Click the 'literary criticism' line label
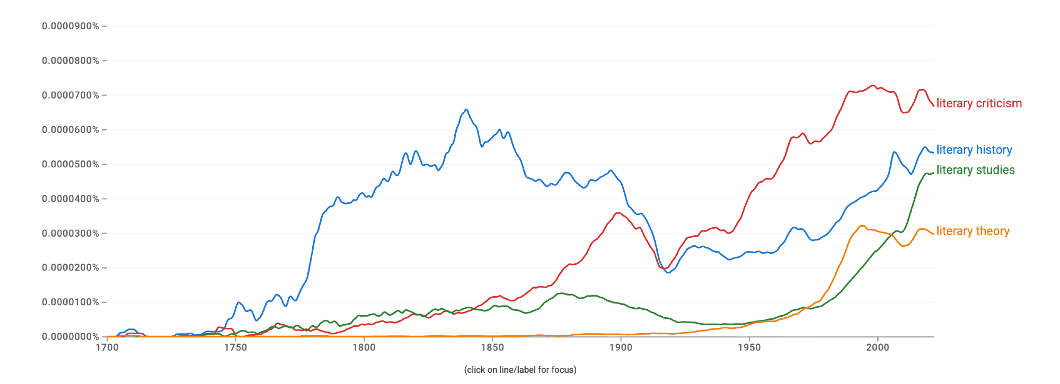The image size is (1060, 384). tap(978, 103)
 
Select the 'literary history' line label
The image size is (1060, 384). tap(974, 150)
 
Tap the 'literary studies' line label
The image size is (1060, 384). tap(975, 170)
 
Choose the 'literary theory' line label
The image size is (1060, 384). tap(973, 231)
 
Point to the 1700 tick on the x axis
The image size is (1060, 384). tap(107, 347)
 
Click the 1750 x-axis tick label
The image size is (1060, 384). tap(235, 347)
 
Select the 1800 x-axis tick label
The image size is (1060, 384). tap(364, 347)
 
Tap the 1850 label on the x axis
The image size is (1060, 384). tap(492, 347)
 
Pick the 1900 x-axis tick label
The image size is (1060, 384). tap(621, 347)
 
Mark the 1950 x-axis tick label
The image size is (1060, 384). tap(749, 347)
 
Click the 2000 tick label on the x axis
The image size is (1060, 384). tap(878, 347)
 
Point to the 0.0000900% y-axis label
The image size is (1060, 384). tap(70, 26)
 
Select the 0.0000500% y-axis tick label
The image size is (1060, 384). tap(70, 164)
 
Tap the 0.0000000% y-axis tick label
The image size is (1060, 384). tap(70, 336)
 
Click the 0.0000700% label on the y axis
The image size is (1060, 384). tap(70, 95)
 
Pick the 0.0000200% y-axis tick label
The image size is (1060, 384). tap(70, 267)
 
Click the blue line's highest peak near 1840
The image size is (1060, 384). tap(466, 110)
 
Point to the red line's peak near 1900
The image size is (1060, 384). tap(618, 213)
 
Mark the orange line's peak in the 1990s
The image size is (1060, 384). tap(862, 226)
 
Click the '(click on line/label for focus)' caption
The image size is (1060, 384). tap(520, 370)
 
